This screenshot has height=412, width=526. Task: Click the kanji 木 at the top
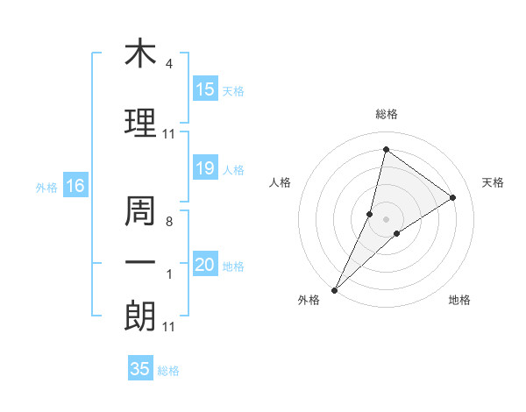pos(140,53)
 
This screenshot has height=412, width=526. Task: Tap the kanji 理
pos(140,124)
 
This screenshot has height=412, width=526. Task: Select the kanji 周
pos(140,211)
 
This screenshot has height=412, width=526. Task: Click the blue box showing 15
pos(205,89)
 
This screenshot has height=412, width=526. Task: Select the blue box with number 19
pos(205,168)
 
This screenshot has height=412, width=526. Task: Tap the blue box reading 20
pos(205,265)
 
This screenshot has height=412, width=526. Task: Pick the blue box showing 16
pos(75,186)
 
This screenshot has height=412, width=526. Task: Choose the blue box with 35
pos(140,369)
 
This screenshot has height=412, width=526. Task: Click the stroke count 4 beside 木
pos(168,64)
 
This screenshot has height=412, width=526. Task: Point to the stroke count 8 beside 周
pos(168,222)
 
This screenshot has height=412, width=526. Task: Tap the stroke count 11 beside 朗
pos(168,327)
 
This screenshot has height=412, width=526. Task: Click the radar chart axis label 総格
pos(386,114)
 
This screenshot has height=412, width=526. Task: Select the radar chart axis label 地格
pos(459,300)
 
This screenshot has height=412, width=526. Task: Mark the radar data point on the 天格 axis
pos(453,197)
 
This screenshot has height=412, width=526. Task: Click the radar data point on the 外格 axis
pos(334,289)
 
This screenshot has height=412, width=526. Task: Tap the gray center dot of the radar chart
pos(386,218)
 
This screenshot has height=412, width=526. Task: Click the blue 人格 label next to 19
pos(233,169)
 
